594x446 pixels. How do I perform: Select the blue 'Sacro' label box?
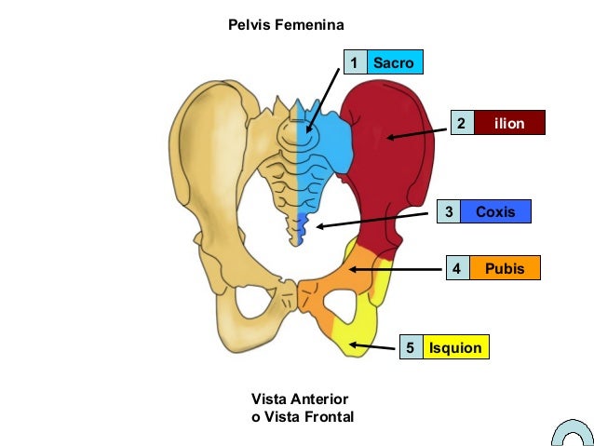(x=395, y=62)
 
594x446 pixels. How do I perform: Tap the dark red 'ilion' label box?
(x=509, y=123)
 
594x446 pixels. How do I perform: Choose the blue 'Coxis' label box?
(x=495, y=212)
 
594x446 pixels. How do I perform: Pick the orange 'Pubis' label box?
(x=505, y=268)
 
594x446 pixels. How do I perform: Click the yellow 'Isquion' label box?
(x=455, y=348)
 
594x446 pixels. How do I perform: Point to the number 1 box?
(x=355, y=62)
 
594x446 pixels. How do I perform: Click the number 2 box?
(x=462, y=123)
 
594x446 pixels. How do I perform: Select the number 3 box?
(x=449, y=212)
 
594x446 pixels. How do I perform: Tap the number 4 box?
(x=456, y=268)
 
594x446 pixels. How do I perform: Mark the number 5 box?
(x=410, y=348)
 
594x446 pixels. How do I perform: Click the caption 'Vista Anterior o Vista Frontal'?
(x=303, y=408)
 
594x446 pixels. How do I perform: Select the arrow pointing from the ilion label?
(x=418, y=133)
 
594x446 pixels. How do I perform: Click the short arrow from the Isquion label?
(x=371, y=347)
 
